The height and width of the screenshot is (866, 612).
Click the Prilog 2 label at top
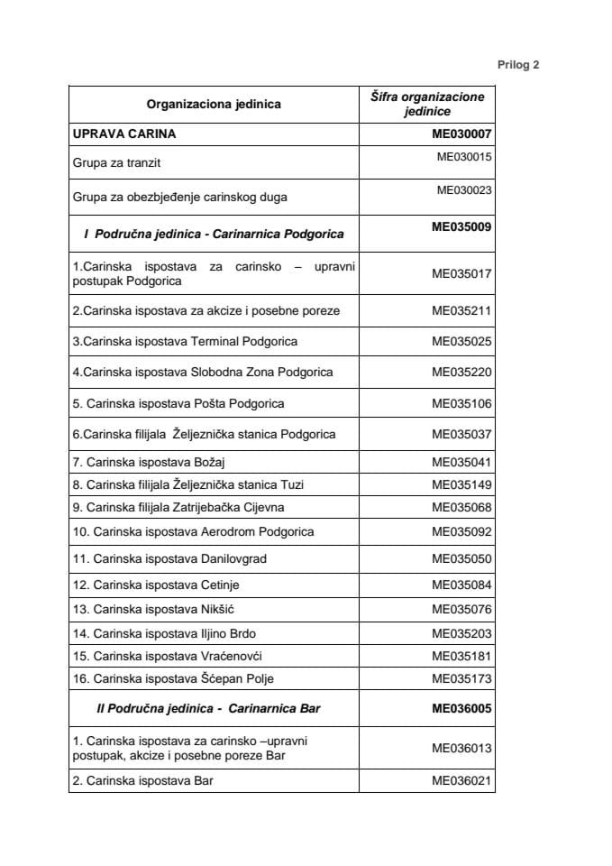(517, 65)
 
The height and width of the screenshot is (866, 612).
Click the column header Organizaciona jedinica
(214, 105)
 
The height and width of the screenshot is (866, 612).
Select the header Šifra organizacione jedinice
(427, 105)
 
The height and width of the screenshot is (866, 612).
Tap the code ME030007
(461, 134)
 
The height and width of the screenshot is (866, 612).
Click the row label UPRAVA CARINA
(124, 134)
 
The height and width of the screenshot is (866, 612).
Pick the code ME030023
(464, 190)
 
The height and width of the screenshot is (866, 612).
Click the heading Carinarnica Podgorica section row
(214, 234)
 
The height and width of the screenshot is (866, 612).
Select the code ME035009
(461, 226)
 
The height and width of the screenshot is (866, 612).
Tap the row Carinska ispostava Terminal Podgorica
(186, 341)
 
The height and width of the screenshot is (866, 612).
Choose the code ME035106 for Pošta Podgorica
(461, 403)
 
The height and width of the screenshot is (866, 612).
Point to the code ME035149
(461, 485)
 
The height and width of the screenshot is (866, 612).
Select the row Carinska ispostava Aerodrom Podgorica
(194, 532)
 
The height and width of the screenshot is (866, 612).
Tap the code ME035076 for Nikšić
(461, 611)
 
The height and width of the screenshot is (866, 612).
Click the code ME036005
(461, 709)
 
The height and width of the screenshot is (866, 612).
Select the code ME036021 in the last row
(461, 781)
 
